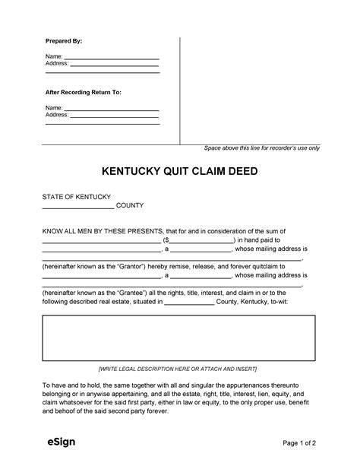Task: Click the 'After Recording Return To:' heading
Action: click(83, 91)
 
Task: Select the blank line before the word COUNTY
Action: click(77, 206)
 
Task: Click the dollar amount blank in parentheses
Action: click(201, 239)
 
